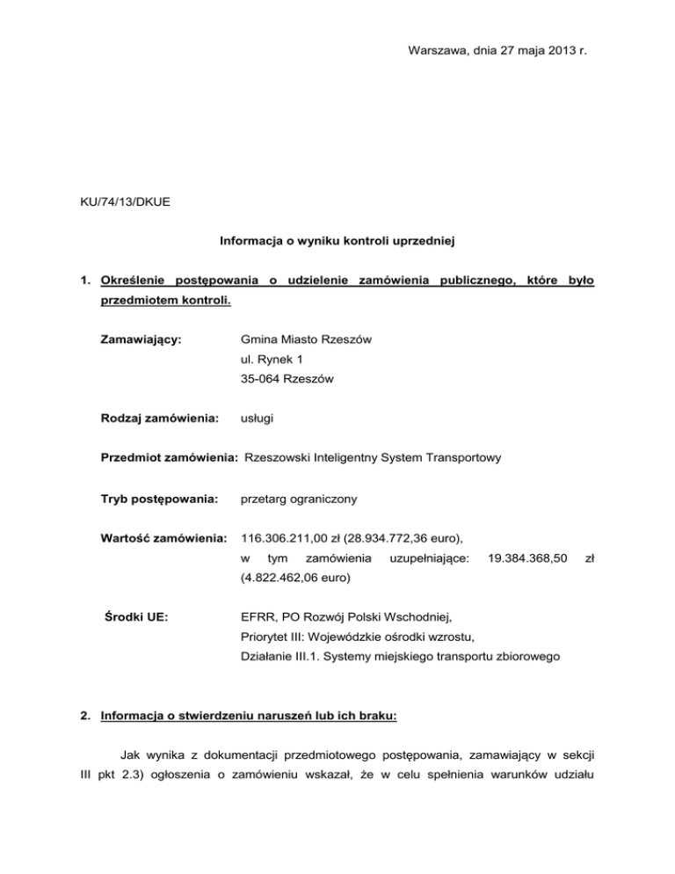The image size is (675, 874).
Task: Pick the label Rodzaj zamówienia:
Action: [157, 419]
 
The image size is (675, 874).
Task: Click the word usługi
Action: [256, 419]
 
